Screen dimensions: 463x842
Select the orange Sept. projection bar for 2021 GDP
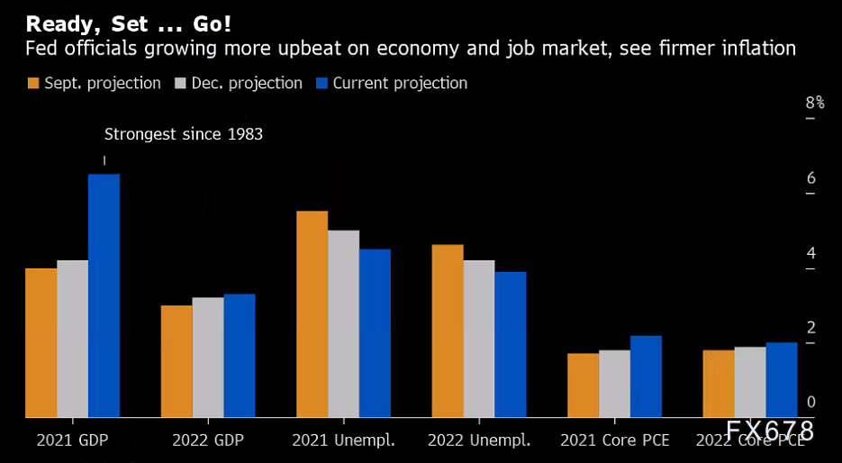41,342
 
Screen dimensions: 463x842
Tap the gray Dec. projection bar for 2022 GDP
208,357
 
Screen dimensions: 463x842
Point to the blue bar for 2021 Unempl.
375,332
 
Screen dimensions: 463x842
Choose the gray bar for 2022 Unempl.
479,339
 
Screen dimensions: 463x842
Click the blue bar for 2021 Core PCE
646,377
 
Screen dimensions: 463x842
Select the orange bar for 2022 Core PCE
718,384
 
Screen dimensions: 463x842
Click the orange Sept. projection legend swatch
33,84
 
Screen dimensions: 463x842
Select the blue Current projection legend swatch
322,84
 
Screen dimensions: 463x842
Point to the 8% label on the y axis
814,103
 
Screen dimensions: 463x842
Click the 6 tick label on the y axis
811,177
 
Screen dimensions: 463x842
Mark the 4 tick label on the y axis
811,252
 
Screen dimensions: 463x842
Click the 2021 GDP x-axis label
73,440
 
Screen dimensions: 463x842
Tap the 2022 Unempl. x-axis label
479,440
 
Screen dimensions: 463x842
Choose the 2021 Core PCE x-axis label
615,440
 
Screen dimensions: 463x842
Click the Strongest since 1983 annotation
184,134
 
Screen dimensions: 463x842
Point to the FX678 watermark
770,431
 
